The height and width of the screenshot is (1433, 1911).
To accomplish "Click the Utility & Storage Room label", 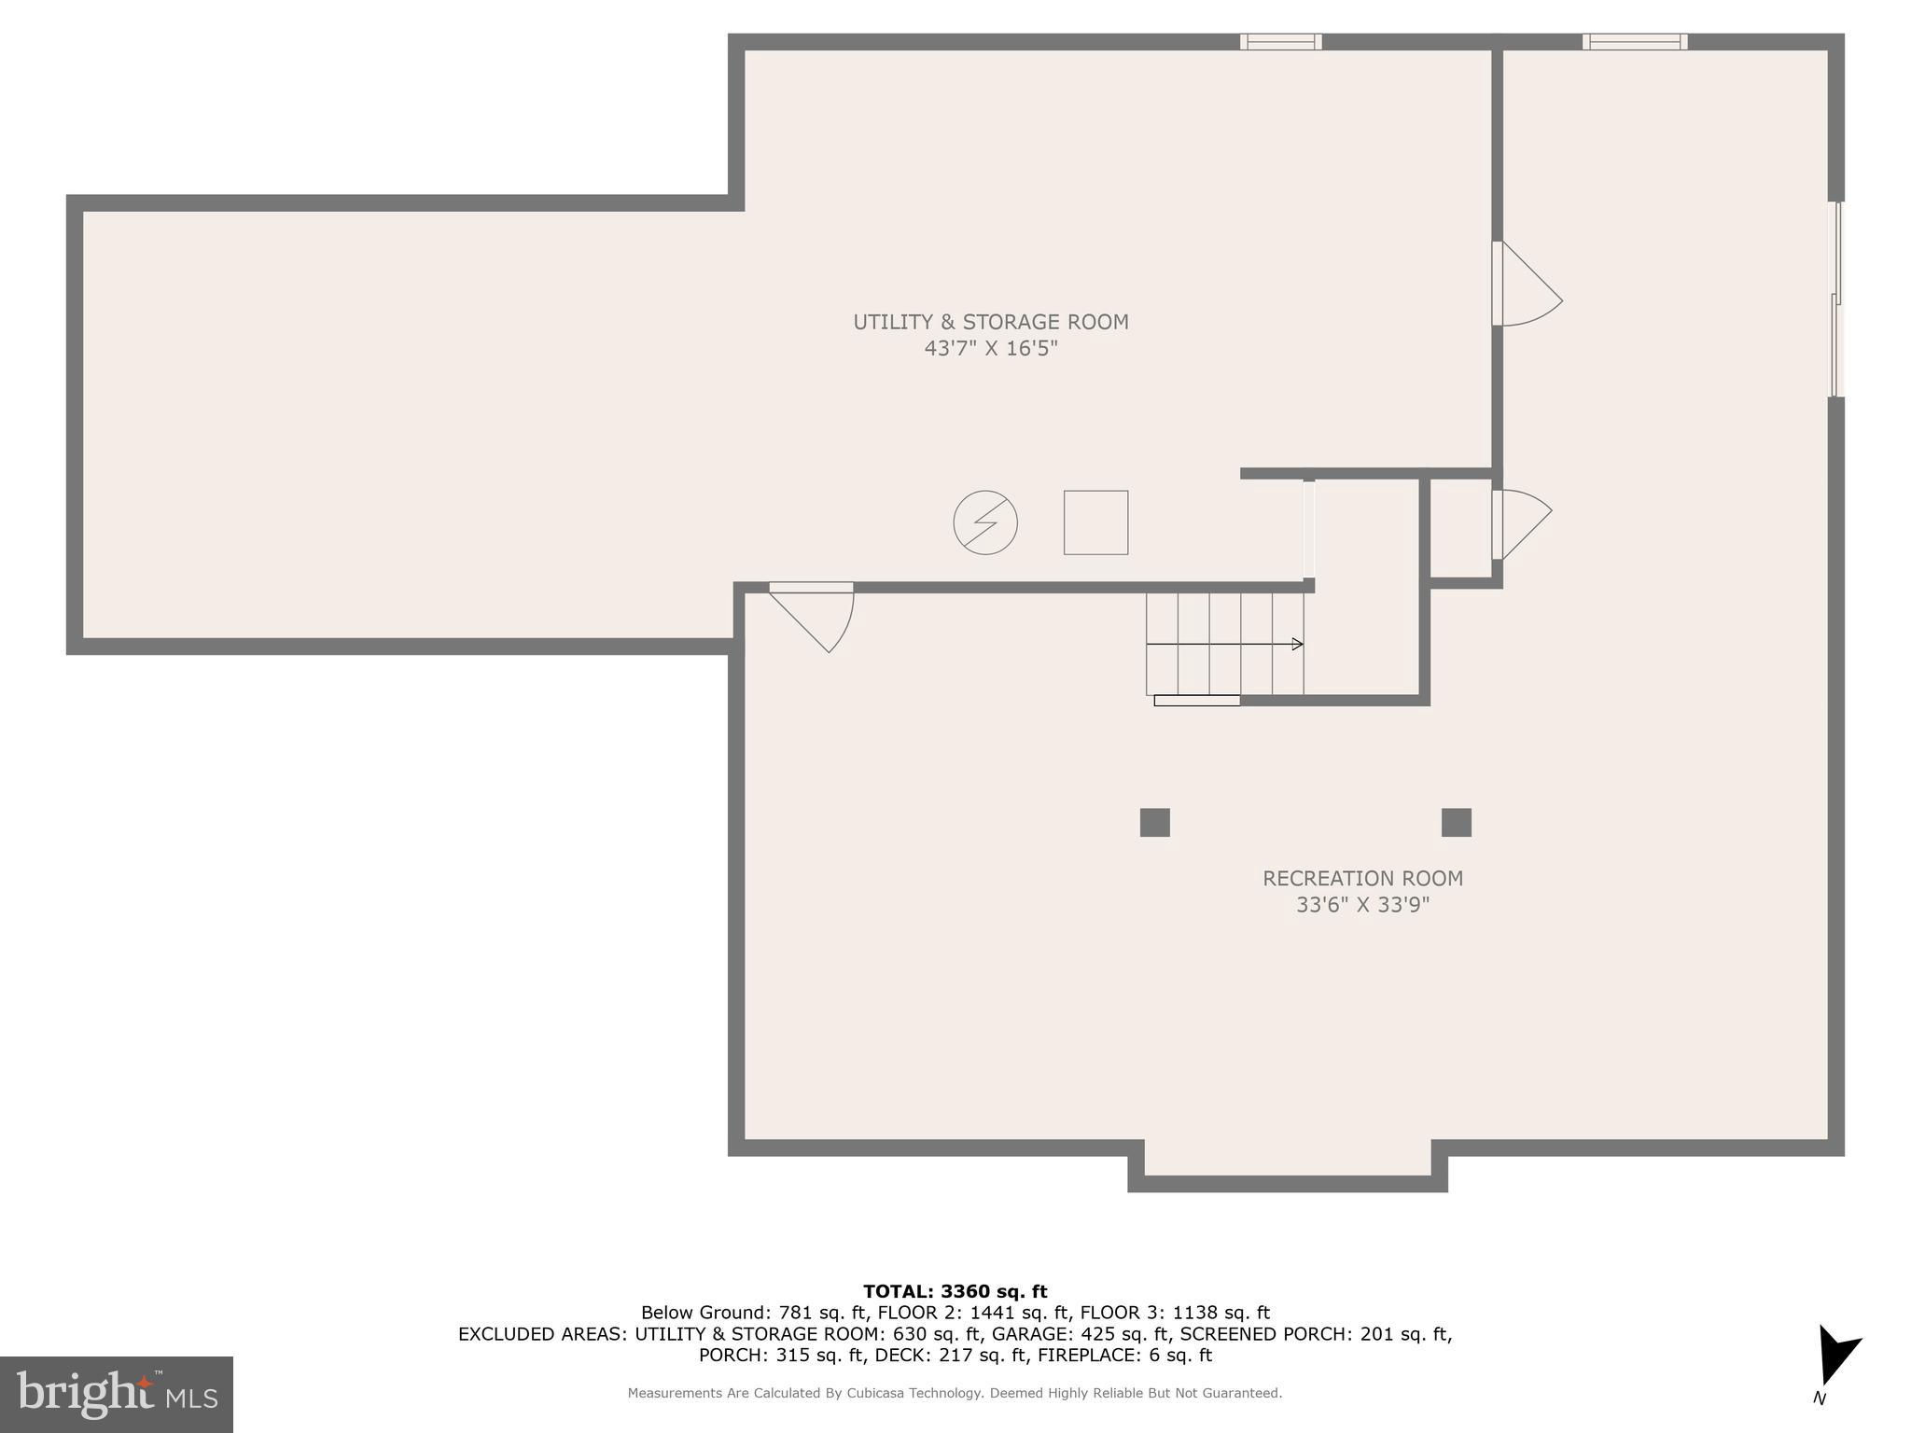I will pos(990,322).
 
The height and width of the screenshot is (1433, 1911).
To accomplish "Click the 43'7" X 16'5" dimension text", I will pos(990,349).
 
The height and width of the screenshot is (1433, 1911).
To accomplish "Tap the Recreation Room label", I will pos(1362,878).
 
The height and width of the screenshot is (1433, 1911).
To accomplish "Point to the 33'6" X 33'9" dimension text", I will pos(1362,905).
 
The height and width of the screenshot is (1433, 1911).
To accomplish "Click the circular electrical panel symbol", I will pos(984,522).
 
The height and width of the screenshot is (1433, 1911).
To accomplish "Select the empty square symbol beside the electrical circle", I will pos(1095,522).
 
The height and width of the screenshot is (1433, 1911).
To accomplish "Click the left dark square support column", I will pos(1154,822).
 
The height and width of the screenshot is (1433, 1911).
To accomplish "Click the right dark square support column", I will pos(1456,822).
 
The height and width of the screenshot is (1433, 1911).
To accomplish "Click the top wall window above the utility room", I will pos(1280,41).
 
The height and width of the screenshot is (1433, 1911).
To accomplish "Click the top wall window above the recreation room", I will pos(1634,41).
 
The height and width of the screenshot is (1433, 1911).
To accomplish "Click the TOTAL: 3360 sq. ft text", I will pos(955,1291).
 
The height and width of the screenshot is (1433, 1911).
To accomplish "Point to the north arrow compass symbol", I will pos(1835,1358).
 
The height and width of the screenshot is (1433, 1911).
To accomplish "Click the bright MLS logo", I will pos(116,1394).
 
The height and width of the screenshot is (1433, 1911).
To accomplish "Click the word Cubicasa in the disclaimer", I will pos(877,1393).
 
